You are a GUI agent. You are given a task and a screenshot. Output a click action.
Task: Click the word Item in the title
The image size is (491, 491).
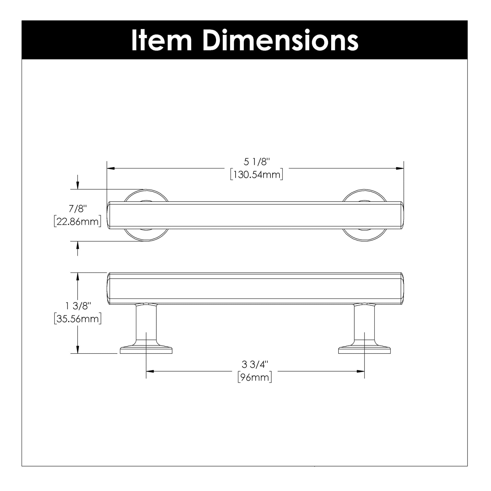click(x=162, y=40)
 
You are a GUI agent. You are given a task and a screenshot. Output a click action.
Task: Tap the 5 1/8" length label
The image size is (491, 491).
click(x=257, y=162)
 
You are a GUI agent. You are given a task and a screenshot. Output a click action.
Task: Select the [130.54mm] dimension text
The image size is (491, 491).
click(x=257, y=175)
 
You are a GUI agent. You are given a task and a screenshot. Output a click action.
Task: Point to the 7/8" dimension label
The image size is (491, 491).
click(x=78, y=209)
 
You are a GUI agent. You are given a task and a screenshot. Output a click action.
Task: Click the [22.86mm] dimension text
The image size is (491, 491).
click(x=78, y=221)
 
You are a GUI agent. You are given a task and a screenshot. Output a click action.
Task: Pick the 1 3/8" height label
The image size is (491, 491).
click(x=78, y=306)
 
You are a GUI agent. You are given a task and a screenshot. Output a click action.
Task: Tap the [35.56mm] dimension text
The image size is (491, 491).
click(x=78, y=319)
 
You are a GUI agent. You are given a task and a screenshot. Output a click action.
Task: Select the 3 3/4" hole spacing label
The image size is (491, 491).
click(x=255, y=364)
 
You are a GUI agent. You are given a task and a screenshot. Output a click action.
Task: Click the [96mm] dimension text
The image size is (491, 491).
click(x=255, y=378)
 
